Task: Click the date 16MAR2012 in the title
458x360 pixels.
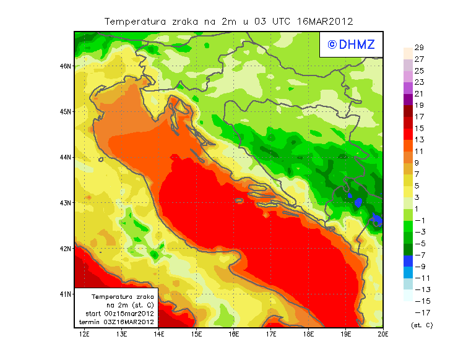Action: point(325,21)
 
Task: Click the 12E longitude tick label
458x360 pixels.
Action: point(84,334)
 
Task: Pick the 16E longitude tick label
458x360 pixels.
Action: point(234,334)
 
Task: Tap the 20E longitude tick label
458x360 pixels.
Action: point(383,334)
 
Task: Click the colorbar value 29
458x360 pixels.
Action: point(418,48)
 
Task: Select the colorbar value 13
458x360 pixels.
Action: point(418,140)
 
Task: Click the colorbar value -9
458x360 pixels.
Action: point(418,267)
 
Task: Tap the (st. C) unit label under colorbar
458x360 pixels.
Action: point(421,325)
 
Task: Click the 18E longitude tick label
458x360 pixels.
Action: point(308,334)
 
